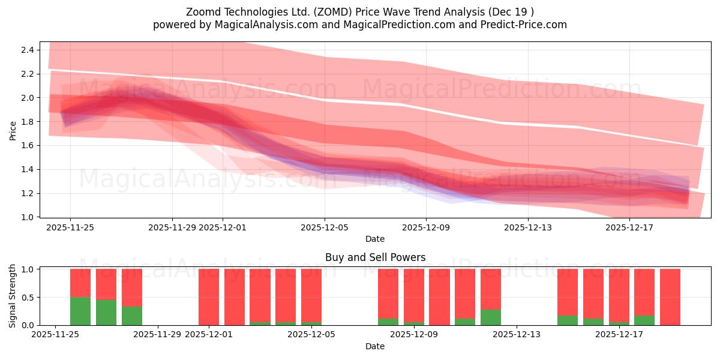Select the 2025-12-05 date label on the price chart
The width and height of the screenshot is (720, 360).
click(x=325, y=227)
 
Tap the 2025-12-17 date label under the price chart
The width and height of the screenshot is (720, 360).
click(x=629, y=227)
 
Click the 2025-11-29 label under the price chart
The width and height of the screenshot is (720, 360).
click(x=172, y=227)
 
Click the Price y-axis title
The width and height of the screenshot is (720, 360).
click(x=13, y=130)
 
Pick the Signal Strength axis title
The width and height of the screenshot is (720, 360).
click(x=13, y=296)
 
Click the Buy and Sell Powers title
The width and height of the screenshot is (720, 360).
click(x=375, y=257)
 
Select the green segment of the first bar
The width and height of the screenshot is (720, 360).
click(x=80, y=311)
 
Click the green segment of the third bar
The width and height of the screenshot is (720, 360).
click(x=132, y=316)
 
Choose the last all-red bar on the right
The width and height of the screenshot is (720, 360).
click(x=670, y=296)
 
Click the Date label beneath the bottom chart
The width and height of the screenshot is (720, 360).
click(x=375, y=346)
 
